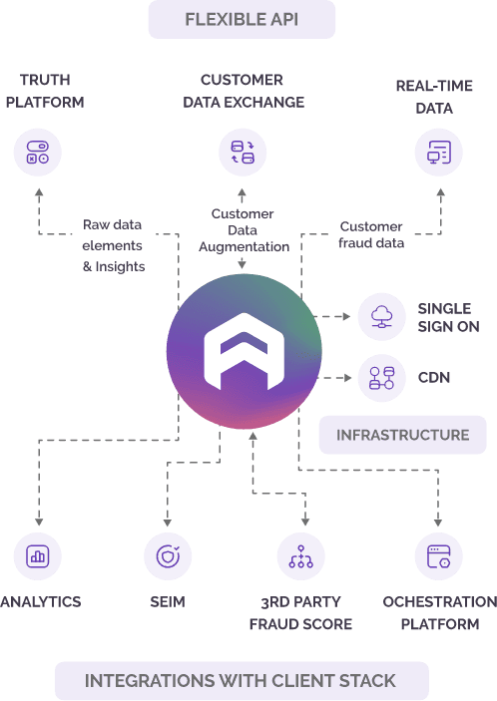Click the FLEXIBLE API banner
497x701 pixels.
pos(242,19)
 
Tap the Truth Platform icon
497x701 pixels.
pos(38,153)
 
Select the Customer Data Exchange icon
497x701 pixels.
pos(243,153)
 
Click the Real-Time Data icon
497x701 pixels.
pos(439,153)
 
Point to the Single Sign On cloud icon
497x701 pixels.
pos(382,316)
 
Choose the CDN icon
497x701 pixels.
pos(382,378)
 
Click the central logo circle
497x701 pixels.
pos(244,351)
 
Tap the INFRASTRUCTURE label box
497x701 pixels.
pos(402,435)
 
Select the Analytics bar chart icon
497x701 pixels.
pos(38,556)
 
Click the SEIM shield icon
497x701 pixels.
pos(168,556)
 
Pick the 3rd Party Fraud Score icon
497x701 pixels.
pos(301,556)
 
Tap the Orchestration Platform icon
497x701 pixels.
pos(439,556)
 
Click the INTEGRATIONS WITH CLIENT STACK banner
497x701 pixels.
pos(242,681)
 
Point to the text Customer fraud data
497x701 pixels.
pos(371,234)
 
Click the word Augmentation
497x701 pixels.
pos(245,246)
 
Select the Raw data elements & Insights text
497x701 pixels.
pos(114,245)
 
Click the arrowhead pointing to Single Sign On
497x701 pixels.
pos(346,316)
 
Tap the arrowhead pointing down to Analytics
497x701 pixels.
pos(39,523)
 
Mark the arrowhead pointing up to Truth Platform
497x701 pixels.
pos(39,192)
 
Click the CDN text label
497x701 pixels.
pos(434,378)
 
